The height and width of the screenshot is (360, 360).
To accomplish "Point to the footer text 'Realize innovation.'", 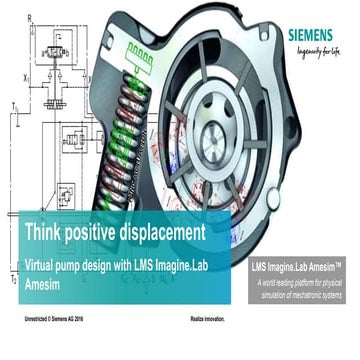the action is click(x=207, y=320).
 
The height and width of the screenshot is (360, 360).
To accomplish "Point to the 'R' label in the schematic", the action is click(x=28, y=16).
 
